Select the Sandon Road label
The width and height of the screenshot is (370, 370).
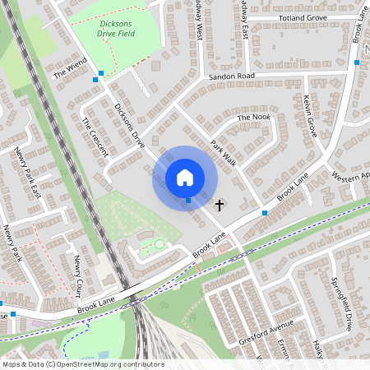pyautogui.click(x=233, y=76)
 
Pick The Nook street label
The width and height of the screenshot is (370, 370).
pyautogui.click(x=253, y=118)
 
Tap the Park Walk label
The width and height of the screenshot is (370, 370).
pyautogui.click(x=223, y=153)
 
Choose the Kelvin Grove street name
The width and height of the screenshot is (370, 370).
pyautogui.click(x=310, y=115)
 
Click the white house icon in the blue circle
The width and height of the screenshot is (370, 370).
pyautogui.click(x=185, y=177)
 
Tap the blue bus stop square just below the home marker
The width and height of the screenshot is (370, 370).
pyautogui.click(x=188, y=200)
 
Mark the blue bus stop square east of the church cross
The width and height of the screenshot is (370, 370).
pyautogui.click(x=265, y=212)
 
